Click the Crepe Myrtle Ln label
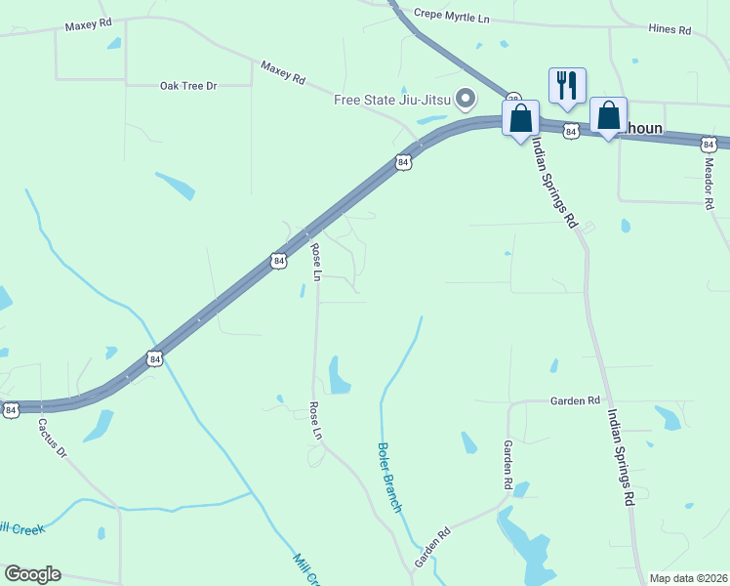[x=451, y=14]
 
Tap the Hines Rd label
[x=669, y=30]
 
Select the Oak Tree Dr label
[x=187, y=86]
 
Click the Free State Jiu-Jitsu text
[x=392, y=99]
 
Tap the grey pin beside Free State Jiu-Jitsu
[x=466, y=98]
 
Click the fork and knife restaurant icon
[x=566, y=86]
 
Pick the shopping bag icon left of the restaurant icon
[x=521, y=117]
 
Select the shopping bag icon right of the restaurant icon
[x=608, y=116]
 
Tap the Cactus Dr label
[x=52, y=439]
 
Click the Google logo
[x=32, y=574]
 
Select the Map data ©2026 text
[x=689, y=578]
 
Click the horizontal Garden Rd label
[x=575, y=400]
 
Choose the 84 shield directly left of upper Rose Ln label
[x=278, y=261]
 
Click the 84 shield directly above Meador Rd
[x=709, y=144]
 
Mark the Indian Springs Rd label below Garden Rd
[x=621, y=457]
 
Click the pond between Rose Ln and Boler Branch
[x=339, y=376]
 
